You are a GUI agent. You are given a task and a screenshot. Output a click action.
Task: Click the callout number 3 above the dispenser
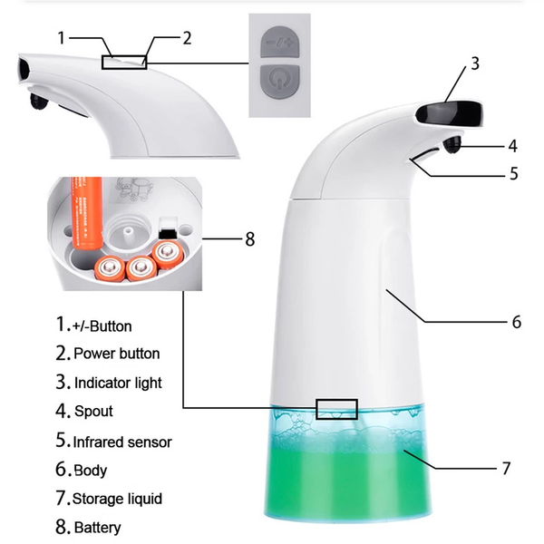tap(474, 63)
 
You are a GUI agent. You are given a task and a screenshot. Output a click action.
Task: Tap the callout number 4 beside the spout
tap(512, 144)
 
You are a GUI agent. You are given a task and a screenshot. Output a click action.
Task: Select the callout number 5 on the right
tap(512, 172)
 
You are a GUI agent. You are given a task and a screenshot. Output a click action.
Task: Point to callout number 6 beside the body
tap(516, 321)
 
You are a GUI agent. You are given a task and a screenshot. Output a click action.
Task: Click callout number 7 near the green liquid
tap(506, 469)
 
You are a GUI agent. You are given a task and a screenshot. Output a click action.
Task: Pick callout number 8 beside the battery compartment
tap(250, 239)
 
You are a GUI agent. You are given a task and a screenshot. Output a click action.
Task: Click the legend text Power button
tap(116, 354)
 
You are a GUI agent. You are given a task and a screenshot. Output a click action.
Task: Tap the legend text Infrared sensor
tap(122, 442)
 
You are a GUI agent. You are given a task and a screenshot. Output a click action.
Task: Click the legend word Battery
tap(97, 527)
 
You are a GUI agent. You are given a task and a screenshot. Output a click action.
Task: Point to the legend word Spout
tap(93, 412)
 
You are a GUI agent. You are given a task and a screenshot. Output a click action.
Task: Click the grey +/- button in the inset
tap(279, 41)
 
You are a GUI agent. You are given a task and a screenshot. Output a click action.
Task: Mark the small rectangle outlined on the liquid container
tap(336, 409)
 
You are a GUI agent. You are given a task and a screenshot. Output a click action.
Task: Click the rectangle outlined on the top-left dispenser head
tap(124, 61)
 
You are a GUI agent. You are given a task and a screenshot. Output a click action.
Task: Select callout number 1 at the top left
tap(62, 38)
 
